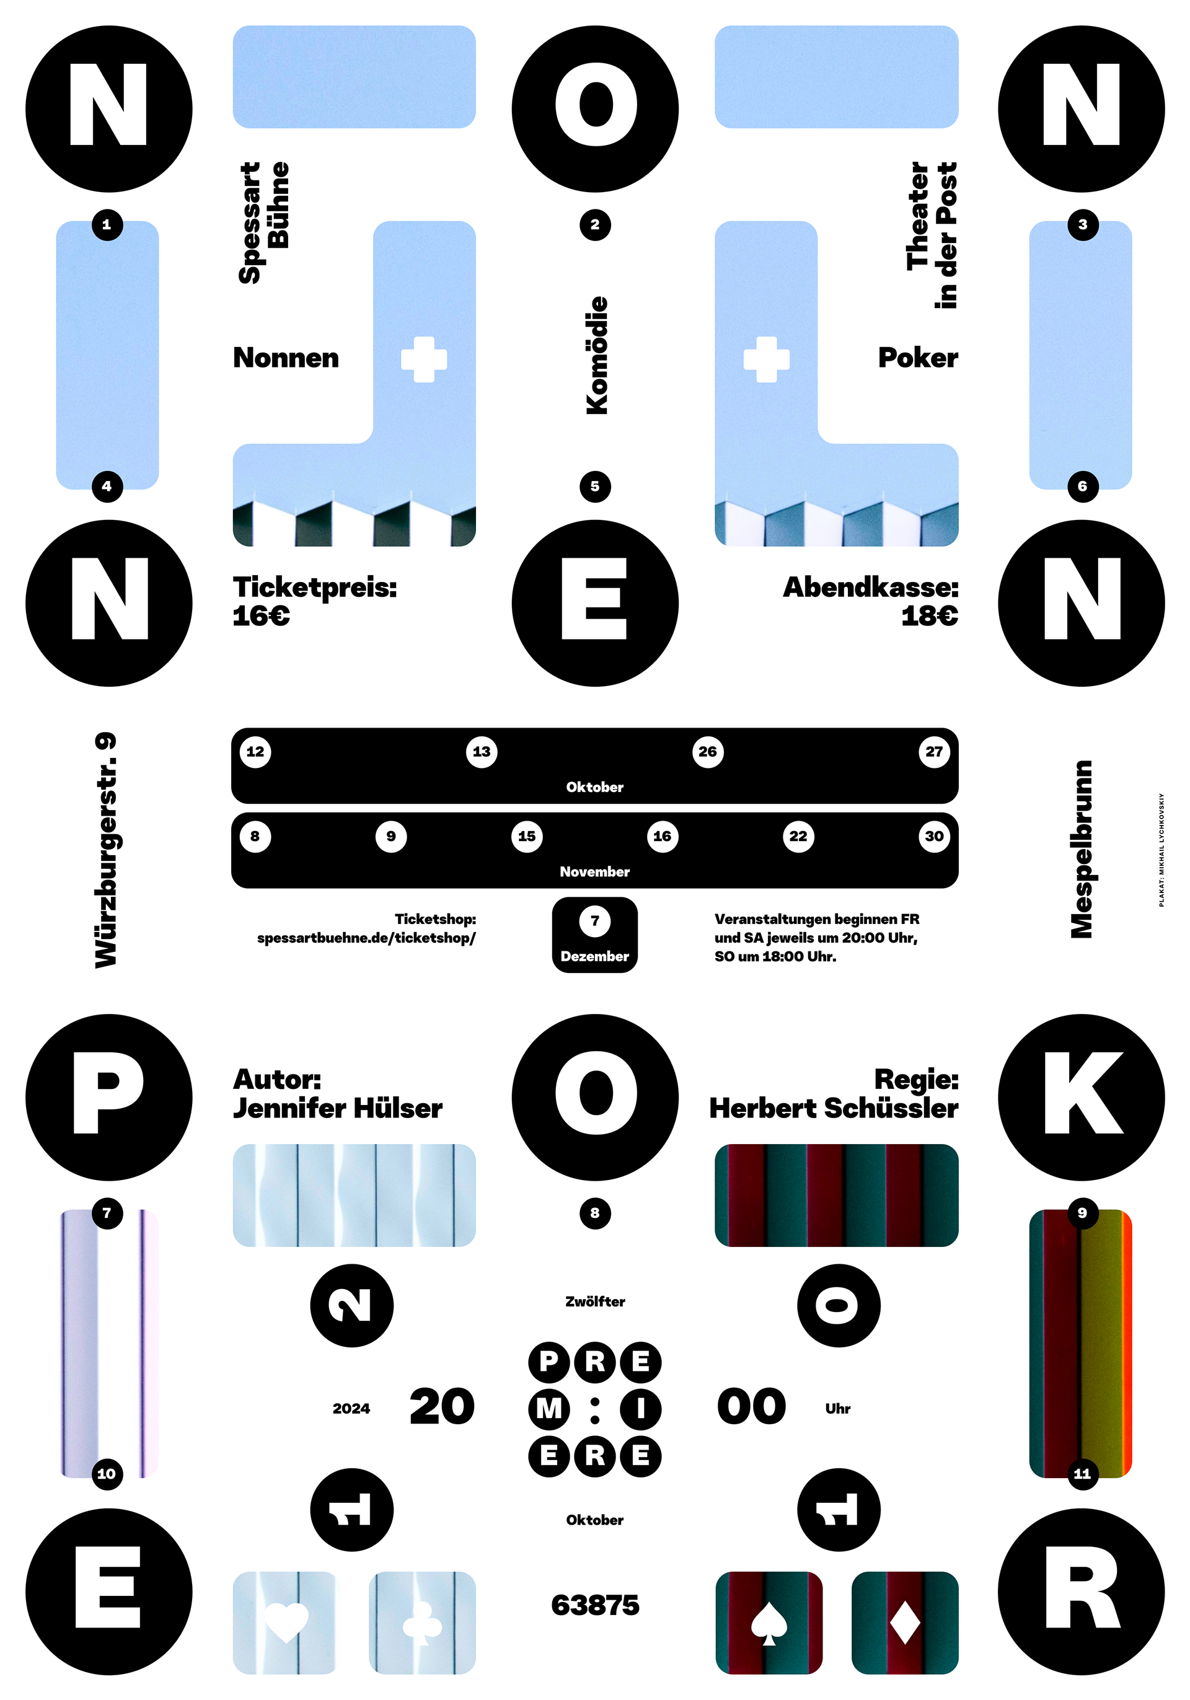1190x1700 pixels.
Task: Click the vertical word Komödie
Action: click(596, 355)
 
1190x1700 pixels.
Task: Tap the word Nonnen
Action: click(286, 358)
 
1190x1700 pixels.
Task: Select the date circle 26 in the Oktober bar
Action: click(707, 752)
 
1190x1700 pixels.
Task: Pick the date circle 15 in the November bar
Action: click(526, 837)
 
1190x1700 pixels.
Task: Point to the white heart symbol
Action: click(286, 1621)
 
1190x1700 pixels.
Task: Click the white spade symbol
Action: click(769, 1624)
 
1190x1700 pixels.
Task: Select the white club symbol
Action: click(422, 1624)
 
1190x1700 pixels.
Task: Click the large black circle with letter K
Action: click(1081, 1098)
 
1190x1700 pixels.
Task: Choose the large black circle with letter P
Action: click(109, 1098)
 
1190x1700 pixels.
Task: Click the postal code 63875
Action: click(594, 1605)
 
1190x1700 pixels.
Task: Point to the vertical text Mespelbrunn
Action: click(1081, 849)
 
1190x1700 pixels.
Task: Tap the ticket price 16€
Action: click(261, 616)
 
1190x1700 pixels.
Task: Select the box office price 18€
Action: click(929, 616)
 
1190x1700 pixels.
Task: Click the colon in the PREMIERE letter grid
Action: click(594, 1409)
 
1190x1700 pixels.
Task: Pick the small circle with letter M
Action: click(549, 1409)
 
